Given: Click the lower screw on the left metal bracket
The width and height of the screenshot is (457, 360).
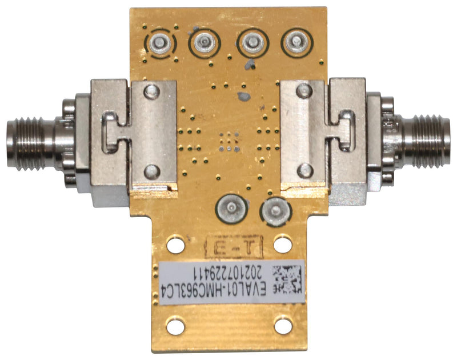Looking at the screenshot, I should (x=151, y=170).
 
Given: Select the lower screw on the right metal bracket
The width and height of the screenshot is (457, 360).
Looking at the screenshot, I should (x=306, y=170).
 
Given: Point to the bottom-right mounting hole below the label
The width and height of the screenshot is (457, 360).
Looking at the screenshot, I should (x=282, y=327).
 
